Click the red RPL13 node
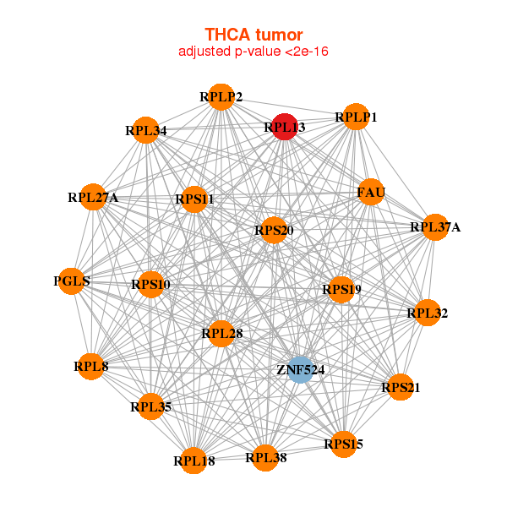click(285, 127)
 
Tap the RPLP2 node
click(221, 97)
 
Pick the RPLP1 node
click(355, 117)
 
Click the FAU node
click(371, 193)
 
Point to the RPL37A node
click(435, 227)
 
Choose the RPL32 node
click(427, 313)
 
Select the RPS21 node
click(400, 388)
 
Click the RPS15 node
click(343, 444)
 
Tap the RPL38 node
click(264, 458)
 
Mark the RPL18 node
click(194, 461)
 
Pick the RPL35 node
click(151, 407)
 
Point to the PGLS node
click(72, 281)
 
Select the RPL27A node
click(93, 198)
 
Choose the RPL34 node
click(146, 130)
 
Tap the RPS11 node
click(195, 199)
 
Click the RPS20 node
click(273, 230)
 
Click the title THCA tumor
click(253, 35)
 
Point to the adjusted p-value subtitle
click(253, 52)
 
